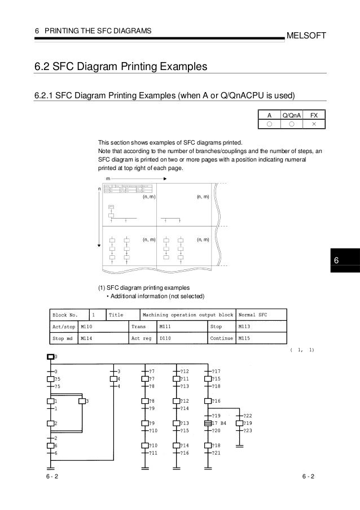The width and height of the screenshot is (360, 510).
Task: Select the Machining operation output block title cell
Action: pos(188,315)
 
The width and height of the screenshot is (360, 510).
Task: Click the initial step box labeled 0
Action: pos(50,357)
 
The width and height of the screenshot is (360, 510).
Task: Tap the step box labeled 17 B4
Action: pos(208,422)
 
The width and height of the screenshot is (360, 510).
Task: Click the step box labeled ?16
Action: pos(208,401)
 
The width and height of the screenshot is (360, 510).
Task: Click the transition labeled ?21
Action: pos(216,453)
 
